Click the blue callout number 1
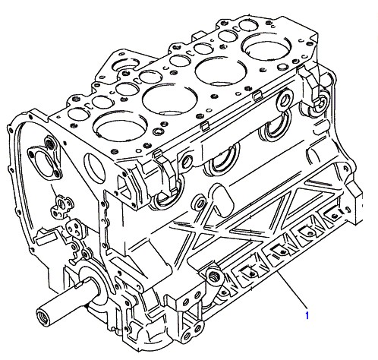click(307, 315)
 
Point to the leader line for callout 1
click(292, 290)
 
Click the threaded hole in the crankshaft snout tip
click(43, 317)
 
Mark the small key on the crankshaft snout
click(78, 286)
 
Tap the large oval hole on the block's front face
click(94, 168)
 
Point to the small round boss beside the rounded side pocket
click(199, 202)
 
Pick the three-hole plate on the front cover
click(74, 229)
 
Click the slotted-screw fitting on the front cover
click(62, 204)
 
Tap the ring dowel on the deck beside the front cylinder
click(158, 131)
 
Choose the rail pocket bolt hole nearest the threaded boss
click(251, 273)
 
